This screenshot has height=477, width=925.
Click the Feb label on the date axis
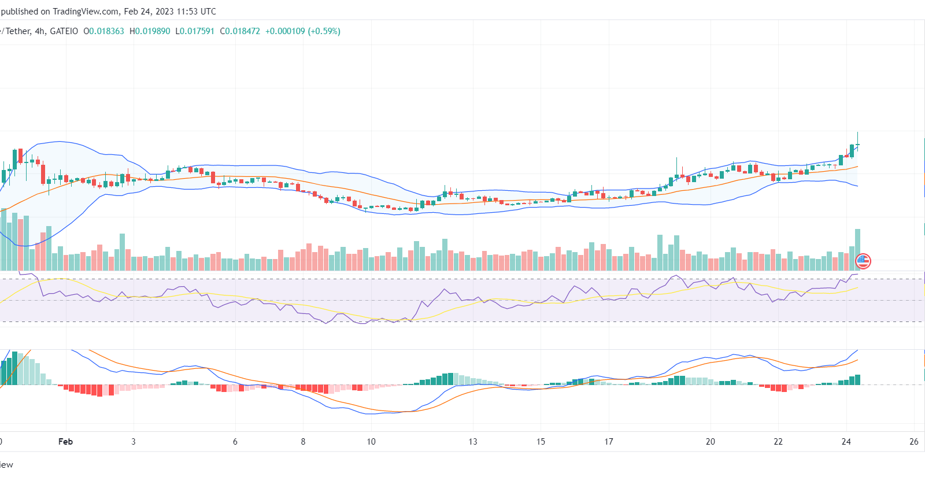(x=65, y=442)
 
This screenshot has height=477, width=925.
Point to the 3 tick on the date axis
(x=134, y=442)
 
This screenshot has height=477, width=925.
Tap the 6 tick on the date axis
(x=235, y=442)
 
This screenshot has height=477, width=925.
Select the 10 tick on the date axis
(x=371, y=442)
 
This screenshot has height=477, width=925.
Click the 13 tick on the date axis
(x=473, y=442)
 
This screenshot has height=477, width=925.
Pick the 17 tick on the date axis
(x=609, y=442)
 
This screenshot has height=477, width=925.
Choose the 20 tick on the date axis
(x=711, y=442)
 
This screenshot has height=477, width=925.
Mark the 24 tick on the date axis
(x=846, y=442)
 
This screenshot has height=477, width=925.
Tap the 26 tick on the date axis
(x=914, y=442)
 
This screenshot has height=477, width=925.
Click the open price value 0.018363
(x=106, y=31)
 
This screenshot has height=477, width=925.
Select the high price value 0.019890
(x=153, y=31)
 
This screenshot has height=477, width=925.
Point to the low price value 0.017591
(x=197, y=31)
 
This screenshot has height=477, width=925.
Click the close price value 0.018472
(x=243, y=31)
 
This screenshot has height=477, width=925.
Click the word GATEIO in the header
(x=64, y=31)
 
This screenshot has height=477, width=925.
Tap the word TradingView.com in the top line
(x=86, y=12)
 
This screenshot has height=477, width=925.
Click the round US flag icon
(x=863, y=261)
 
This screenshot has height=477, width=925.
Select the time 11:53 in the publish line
(x=187, y=12)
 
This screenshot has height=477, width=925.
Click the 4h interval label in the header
(x=40, y=31)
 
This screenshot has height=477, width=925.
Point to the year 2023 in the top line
(x=164, y=12)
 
